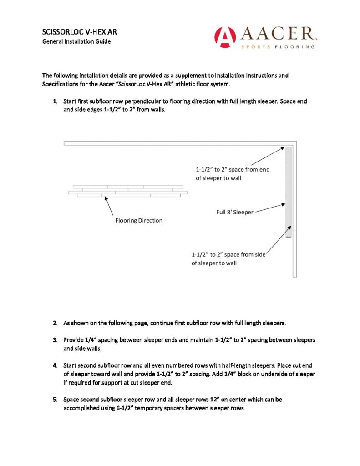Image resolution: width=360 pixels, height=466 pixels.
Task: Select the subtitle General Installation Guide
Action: point(76,41)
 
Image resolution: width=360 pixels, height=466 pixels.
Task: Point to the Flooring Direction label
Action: point(139,220)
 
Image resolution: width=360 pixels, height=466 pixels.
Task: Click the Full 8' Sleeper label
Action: point(234,212)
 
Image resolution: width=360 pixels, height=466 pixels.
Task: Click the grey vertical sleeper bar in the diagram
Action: point(288,192)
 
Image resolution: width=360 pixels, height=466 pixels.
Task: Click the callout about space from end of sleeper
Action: point(232,174)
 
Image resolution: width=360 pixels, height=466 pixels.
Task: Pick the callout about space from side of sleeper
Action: point(228,259)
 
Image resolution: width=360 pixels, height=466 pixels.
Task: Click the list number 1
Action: point(55,101)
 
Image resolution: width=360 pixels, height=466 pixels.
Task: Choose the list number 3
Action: point(55,340)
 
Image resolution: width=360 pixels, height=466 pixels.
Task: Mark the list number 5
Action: point(55,400)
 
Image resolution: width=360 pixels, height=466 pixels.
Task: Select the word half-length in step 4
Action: point(215,365)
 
